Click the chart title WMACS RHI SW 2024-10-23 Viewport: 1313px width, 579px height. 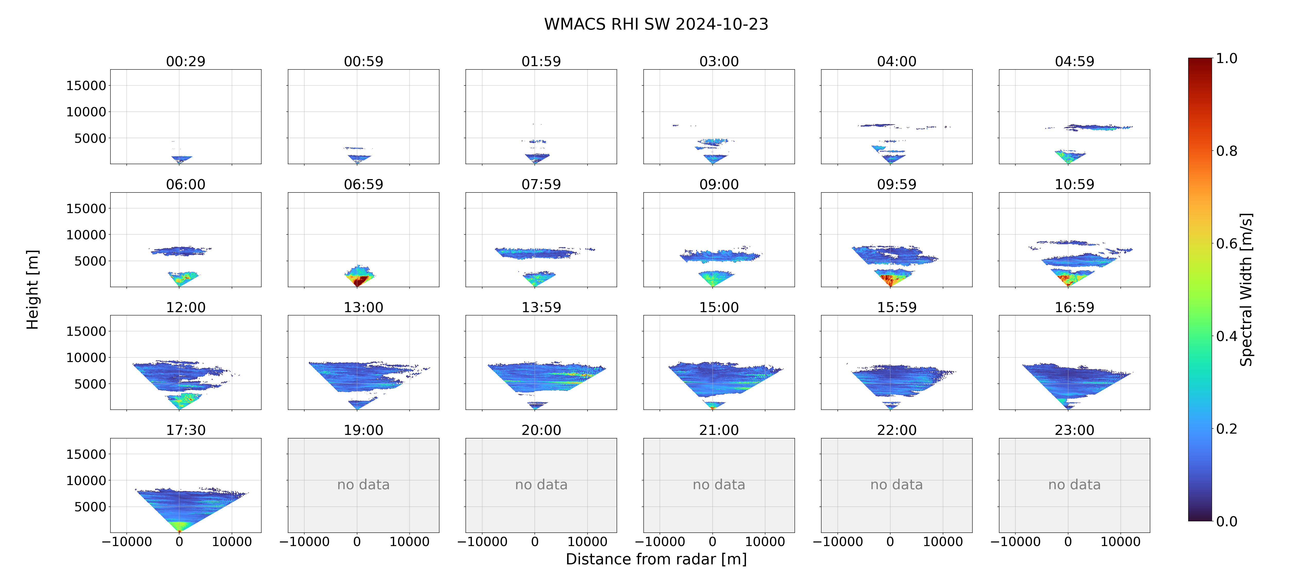coord(656,24)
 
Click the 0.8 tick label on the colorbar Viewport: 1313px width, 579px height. coord(1226,151)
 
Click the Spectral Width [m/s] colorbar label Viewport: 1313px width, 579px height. coord(1246,289)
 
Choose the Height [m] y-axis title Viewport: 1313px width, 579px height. coord(32,289)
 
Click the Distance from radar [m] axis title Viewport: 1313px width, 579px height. coord(656,559)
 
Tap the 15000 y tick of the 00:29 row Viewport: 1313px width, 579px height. coord(86,86)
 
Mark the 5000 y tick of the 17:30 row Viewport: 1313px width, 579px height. coord(90,507)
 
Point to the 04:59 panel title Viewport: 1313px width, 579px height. coord(1074,61)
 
